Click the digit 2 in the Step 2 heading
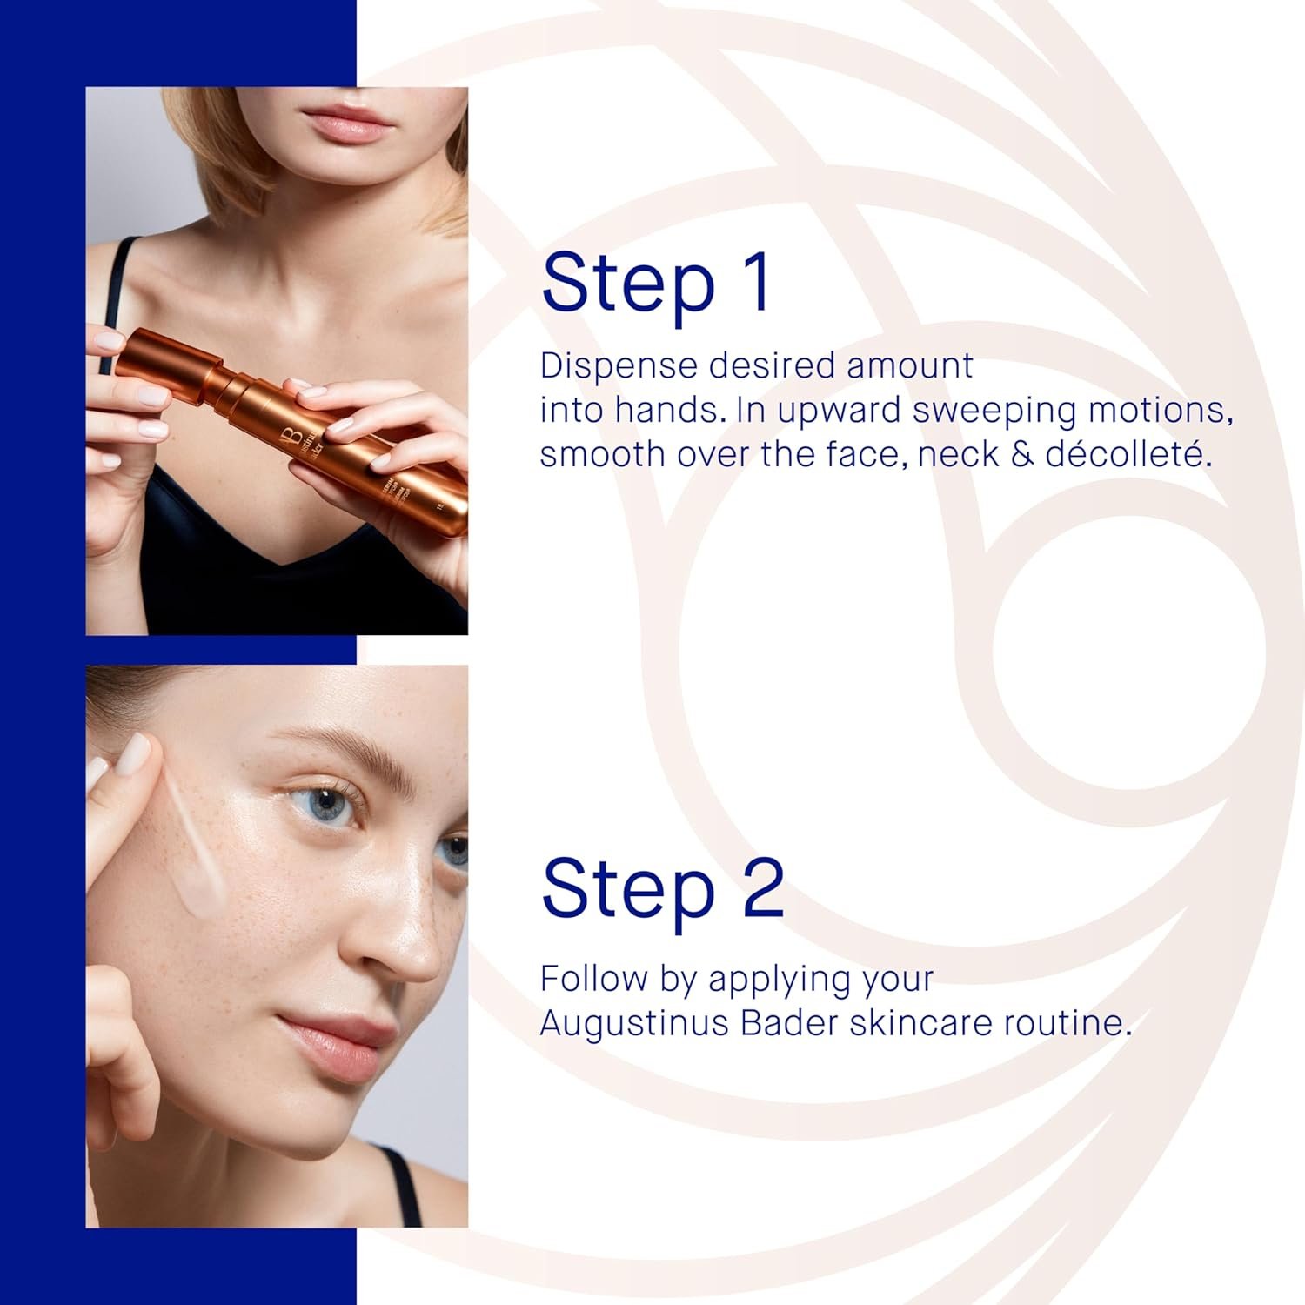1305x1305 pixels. point(763,887)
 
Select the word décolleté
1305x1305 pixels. point(1128,454)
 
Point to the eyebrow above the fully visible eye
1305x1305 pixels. point(335,746)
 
